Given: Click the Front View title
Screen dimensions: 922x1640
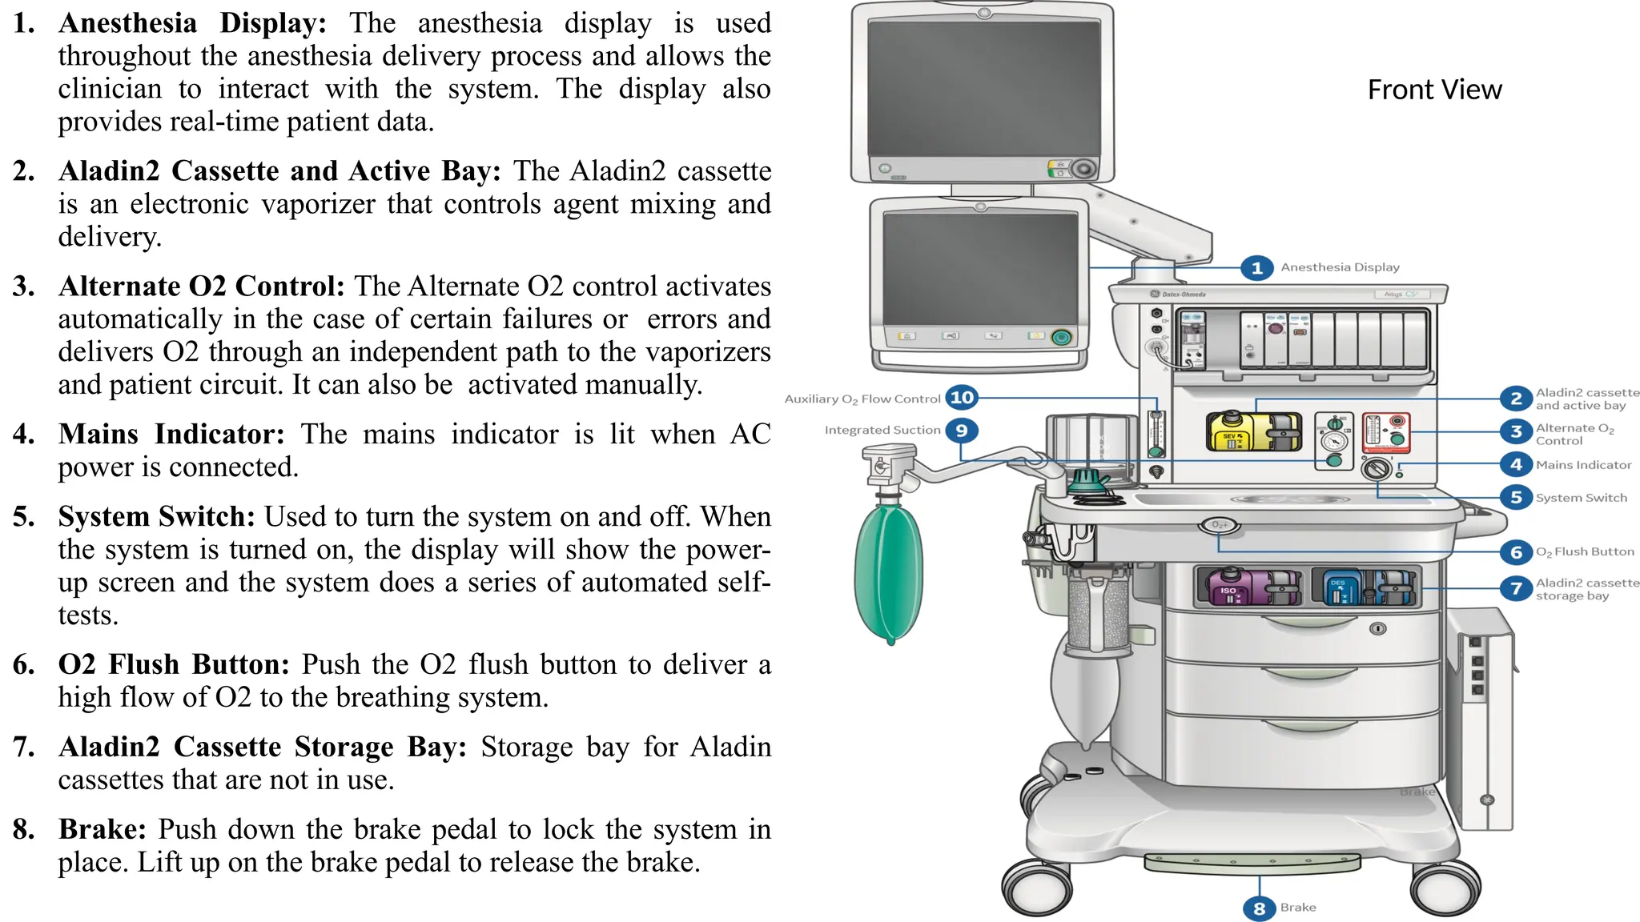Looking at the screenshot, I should point(1434,90).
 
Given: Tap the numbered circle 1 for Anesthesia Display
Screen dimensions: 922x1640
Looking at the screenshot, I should point(1256,267).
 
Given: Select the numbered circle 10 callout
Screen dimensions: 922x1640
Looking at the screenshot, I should point(962,397).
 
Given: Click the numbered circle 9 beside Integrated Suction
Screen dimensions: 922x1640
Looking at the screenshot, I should point(962,431).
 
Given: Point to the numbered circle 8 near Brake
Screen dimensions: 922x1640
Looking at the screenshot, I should point(1259,908).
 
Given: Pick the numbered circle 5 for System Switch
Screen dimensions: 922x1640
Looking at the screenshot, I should point(1516,497).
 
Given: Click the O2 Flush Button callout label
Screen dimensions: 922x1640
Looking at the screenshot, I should point(1585,551).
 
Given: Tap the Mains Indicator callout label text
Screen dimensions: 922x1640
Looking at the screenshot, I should point(1583,465).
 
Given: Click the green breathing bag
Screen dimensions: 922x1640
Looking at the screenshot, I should point(889,568).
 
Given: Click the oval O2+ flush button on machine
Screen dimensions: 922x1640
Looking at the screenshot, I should point(1219,525).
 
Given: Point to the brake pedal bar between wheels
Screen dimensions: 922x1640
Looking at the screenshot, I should point(1252,863).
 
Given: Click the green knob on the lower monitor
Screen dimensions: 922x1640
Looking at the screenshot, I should point(1061,337).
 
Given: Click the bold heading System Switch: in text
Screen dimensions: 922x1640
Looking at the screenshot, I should point(156,516).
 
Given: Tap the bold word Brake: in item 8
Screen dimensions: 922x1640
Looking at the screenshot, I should point(102,829).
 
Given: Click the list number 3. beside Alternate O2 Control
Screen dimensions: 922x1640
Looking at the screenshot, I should point(24,287).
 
